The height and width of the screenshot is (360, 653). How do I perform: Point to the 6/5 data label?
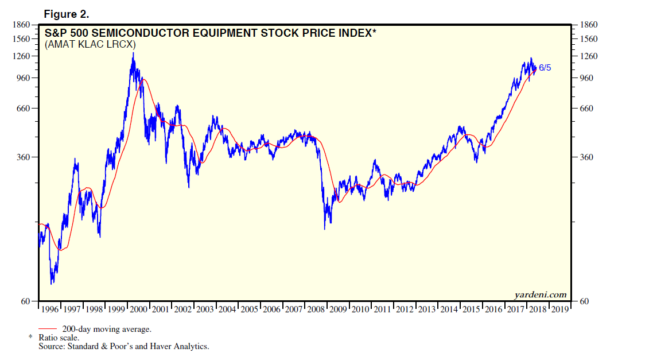(545, 68)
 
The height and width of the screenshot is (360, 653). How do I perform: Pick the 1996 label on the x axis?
(50, 309)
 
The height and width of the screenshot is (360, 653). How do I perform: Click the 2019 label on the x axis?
(559, 309)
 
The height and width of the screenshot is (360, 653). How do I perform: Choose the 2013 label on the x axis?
(426, 309)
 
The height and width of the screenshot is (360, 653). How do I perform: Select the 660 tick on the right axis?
(586, 109)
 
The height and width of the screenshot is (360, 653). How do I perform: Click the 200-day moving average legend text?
(106, 329)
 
